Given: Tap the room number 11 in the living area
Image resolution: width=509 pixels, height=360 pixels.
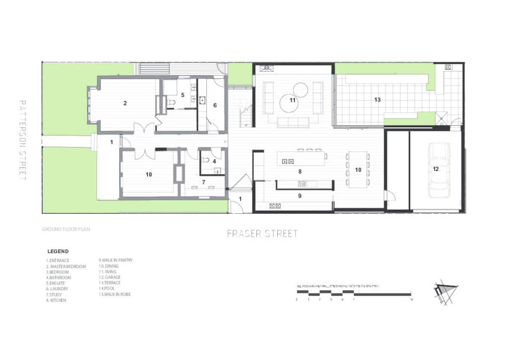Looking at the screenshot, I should pos(293,100).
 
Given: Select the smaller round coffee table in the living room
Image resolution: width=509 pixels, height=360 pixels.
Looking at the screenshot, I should pos(300,90).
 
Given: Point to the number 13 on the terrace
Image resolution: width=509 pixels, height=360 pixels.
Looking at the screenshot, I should pos(377,100).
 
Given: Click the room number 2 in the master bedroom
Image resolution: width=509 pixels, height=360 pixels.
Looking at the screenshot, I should pos(125,103).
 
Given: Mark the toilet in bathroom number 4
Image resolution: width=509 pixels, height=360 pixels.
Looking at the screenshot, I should pos(206,161).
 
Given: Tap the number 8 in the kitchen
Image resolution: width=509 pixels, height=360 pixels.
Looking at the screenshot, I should pos(300,172).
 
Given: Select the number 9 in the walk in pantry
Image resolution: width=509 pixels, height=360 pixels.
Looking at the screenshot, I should pos(300,196).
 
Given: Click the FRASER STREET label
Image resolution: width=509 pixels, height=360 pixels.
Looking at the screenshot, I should pos(262,233).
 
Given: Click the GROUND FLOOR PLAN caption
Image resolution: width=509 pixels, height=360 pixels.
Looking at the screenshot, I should pos(66,230).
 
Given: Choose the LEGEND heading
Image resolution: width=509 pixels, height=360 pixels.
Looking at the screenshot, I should pos(58,252).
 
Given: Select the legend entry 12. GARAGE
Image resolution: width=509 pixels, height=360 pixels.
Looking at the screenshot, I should pos(110,277).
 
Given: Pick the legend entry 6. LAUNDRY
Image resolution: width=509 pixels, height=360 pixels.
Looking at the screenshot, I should pos(57,289).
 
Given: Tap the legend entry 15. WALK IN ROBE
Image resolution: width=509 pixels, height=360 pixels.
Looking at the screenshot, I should pos(115,294).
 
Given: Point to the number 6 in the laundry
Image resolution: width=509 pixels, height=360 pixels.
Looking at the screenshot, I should pos(215,105).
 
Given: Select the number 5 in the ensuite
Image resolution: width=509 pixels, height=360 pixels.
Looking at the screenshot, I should pos(182,94).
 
